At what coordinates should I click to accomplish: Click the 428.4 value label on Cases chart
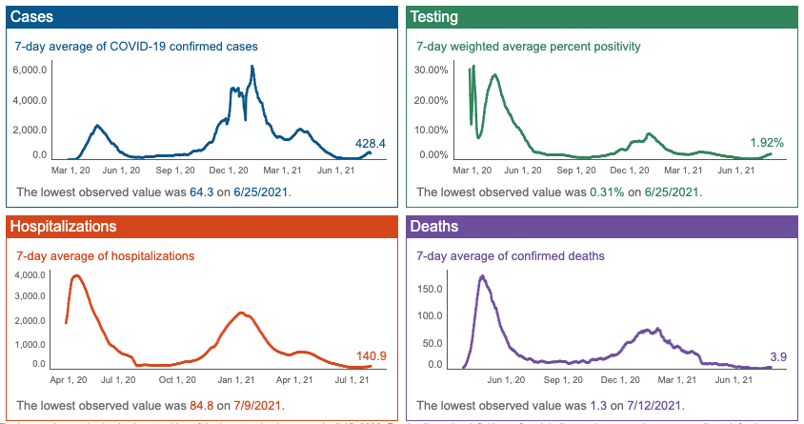coord(370,144)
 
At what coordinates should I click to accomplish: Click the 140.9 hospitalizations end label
coord(371,356)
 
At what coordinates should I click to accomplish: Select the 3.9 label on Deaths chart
coord(776,356)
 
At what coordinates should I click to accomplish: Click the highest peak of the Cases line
coord(252,66)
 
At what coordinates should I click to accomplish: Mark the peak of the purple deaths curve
coord(482,276)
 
